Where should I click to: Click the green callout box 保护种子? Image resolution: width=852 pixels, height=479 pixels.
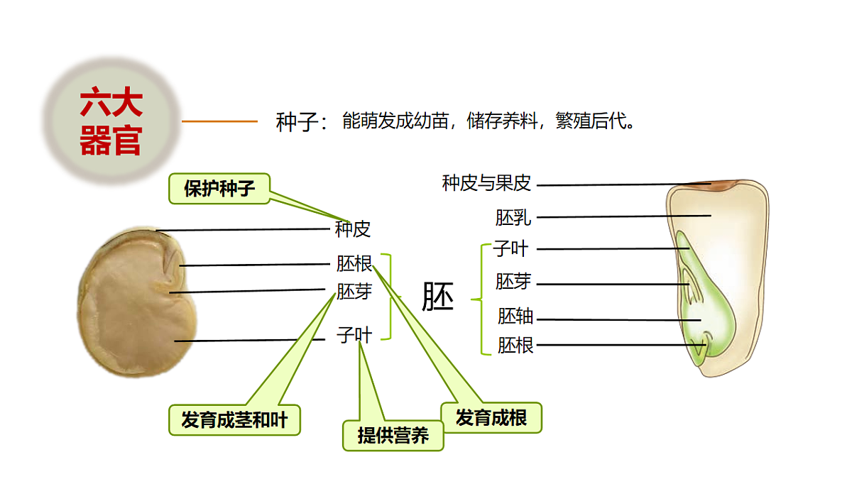coord(219,189)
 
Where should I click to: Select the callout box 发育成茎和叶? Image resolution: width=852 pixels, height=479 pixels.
coord(234,420)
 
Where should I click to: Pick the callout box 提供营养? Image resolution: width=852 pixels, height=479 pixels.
coord(393,435)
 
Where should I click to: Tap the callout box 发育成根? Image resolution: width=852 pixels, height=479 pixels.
coord(491,417)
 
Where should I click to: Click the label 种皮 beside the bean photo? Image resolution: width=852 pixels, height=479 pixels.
coord(353,229)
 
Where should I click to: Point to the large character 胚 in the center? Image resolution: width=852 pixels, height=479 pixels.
coord(438,297)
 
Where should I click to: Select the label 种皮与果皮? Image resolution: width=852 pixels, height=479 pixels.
coord(486,184)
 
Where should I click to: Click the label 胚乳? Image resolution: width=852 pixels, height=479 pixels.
coord(513,217)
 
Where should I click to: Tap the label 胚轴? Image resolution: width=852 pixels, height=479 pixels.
coord(515,316)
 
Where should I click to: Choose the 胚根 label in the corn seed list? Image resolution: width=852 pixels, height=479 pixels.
coord(515,346)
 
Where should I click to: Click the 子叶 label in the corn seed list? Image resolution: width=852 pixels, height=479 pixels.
coord(510,249)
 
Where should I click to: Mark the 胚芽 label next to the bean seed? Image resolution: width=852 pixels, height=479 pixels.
coord(354,291)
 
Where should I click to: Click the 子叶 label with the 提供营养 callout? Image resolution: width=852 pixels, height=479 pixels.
coord(354,335)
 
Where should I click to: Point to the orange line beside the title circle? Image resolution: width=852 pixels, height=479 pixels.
coord(219,121)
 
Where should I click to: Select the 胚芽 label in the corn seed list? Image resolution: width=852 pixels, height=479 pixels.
coord(513,282)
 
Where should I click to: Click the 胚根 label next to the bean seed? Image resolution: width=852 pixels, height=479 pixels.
coord(354,264)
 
